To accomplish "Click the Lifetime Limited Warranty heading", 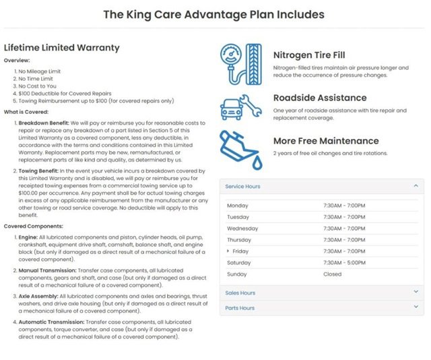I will (62, 48).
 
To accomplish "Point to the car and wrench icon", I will (241, 107).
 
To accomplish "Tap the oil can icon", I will (241, 150).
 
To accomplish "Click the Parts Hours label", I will (240, 308).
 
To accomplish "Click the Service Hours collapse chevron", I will (416, 186).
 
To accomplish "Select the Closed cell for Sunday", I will (332, 274).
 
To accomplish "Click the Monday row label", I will (238, 206).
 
